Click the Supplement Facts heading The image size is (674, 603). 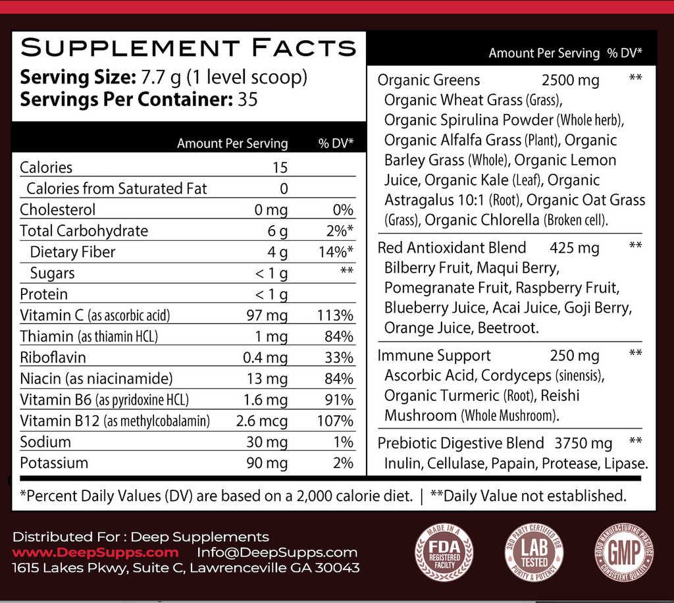(188, 47)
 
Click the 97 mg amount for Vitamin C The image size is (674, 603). (267, 315)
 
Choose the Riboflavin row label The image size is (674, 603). (53, 357)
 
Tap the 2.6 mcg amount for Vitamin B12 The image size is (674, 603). (262, 421)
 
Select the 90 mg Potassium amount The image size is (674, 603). (267, 463)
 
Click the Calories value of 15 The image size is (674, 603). (280, 168)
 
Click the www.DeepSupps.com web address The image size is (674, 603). (95, 552)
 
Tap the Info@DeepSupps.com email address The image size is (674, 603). (277, 552)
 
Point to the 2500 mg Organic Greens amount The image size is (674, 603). (570, 80)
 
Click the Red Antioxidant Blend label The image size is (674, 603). (452, 248)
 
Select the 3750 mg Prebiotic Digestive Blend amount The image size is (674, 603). (584, 443)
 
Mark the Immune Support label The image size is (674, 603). (434, 355)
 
